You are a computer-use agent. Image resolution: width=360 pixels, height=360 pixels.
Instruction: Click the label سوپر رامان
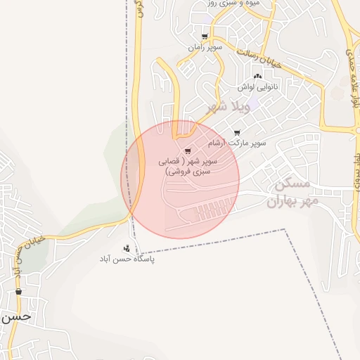205,47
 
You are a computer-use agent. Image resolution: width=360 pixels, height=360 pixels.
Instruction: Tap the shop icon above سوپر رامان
205,37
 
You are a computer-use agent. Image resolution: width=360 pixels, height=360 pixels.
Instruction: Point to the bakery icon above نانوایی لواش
257,76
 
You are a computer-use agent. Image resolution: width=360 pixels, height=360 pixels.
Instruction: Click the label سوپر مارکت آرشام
237,143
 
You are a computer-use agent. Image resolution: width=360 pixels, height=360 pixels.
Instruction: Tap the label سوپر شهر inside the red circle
188,166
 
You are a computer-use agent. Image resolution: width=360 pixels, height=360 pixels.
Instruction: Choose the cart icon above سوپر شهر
188,151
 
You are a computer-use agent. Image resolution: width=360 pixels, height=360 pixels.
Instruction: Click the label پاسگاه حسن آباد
127,259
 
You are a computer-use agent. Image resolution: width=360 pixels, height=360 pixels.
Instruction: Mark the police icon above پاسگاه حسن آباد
127,247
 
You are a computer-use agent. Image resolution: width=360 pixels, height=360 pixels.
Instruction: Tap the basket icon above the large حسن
18,292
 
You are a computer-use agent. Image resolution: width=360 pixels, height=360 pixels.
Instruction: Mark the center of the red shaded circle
180,179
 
